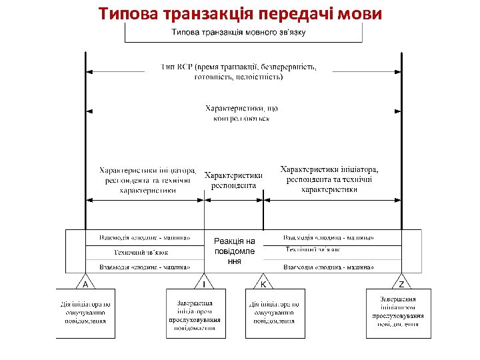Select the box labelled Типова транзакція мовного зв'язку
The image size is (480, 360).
point(243,33)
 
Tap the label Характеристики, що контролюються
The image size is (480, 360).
point(241,113)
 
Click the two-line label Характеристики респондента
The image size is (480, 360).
point(233,180)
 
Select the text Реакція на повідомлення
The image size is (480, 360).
point(234,251)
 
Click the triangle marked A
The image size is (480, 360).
point(85,283)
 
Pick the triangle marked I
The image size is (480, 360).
point(203,283)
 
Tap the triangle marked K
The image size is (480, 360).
point(264,283)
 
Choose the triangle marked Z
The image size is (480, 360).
point(401,283)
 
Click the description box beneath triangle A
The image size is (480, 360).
point(85,313)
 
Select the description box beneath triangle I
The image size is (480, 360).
point(195,313)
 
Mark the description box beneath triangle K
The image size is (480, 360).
point(275,313)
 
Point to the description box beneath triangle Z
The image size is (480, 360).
point(399,312)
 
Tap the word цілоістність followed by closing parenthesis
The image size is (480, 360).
point(261,77)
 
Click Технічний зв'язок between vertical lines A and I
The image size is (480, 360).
point(141,253)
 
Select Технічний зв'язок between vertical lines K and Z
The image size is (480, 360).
point(313,249)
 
